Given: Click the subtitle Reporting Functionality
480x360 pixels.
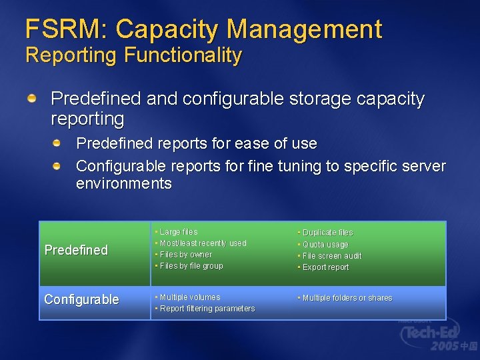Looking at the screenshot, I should tap(133, 55).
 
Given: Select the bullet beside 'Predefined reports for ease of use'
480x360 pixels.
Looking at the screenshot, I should tap(58, 143).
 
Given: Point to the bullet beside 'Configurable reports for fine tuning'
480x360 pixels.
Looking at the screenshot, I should tap(58, 165).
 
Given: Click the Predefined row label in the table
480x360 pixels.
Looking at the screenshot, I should tap(76, 250).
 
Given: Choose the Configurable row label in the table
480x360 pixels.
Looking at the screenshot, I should tap(81, 299).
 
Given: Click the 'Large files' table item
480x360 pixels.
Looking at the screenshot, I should tap(179, 232).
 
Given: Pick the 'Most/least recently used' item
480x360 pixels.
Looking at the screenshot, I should tap(203, 243).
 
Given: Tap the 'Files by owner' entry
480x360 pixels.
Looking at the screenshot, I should tap(185, 255).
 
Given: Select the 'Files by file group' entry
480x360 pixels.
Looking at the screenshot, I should tap(191, 266).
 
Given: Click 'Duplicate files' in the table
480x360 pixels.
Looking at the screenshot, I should tap(327, 233).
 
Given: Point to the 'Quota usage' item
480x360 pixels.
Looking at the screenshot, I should tap(325, 245).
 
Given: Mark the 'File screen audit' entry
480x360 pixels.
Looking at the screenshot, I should tap(331, 256).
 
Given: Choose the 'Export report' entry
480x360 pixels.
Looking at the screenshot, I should tap(325, 267).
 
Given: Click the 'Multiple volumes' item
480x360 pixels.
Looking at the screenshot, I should tap(189, 297).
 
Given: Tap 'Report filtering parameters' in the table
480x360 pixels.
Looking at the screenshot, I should tap(207, 309).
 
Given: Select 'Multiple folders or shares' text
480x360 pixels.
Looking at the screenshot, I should tap(347, 298).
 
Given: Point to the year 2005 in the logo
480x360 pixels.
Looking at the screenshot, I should tap(444, 347).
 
